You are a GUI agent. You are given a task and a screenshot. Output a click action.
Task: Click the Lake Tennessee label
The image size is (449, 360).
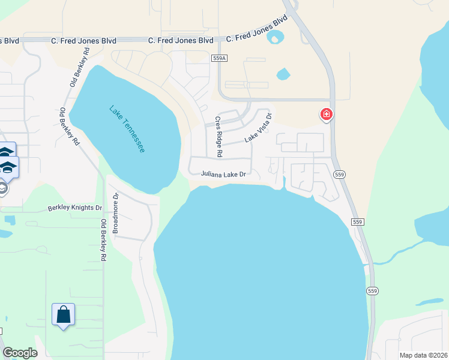coord(127,128)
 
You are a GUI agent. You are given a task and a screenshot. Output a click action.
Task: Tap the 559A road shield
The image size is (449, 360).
coord(220,58)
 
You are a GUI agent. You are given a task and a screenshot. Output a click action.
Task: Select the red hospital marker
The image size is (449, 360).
coord(327,114)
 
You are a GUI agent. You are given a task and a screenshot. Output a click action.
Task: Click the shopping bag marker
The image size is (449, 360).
coord(63,314)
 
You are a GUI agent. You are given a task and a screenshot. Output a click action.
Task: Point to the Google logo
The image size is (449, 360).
coord(19,353)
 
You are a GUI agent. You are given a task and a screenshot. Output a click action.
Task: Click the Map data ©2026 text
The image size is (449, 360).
coord(423,355)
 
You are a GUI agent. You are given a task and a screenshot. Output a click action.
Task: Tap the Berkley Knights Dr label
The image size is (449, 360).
coord(75,208)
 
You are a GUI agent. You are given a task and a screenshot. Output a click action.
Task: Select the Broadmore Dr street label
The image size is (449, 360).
coord(116,213)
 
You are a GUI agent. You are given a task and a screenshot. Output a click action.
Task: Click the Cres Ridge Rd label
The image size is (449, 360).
coord(219,137)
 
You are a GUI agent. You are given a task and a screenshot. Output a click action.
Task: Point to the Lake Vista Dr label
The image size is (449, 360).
coord(258,128)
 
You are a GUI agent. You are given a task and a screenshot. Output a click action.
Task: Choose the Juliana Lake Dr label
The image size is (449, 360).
coord(223,174)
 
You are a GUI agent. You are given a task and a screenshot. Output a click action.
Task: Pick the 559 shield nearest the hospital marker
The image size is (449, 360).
coord(340,174)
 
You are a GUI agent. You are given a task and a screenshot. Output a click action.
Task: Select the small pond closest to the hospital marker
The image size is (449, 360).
coord(283,74)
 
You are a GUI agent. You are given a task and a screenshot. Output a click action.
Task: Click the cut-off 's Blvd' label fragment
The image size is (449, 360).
coord(10,40)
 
